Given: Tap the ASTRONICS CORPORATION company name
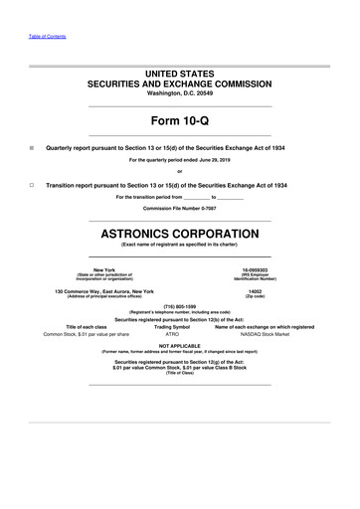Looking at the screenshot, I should click(179, 235).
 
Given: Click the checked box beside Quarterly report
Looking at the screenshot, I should click(33, 146).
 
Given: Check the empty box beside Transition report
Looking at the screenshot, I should click(33, 186).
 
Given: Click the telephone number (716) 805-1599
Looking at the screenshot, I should click(179, 306).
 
